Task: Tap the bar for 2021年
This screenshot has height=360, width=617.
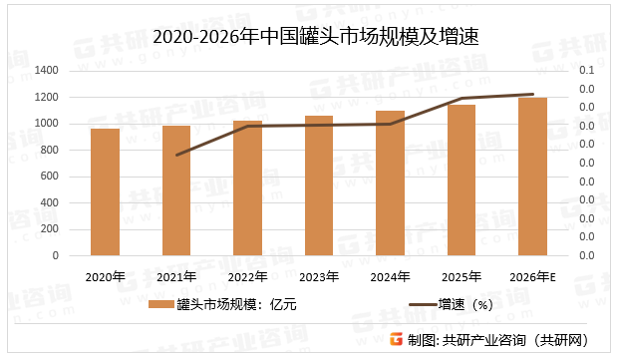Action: pos(176,190)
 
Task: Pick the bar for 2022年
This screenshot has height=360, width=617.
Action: pos(247,188)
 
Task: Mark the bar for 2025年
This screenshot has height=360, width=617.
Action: pos(462,180)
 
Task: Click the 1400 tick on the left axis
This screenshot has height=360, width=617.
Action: pos(47,71)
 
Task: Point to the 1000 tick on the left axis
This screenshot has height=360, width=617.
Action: pos(47,124)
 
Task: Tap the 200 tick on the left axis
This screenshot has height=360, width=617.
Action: pos(51,229)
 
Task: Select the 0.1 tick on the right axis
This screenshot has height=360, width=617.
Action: pos(586,71)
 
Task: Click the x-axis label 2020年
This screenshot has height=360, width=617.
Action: pos(105,276)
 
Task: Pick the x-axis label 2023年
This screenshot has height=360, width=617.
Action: pos(319,276)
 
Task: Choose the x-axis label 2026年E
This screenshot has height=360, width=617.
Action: pos(533,276)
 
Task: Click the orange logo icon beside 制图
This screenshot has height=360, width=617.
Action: pos(396,338)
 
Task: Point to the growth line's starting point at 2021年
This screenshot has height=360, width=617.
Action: pos(176,156)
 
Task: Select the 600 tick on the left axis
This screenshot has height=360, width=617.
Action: pos(51,177)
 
